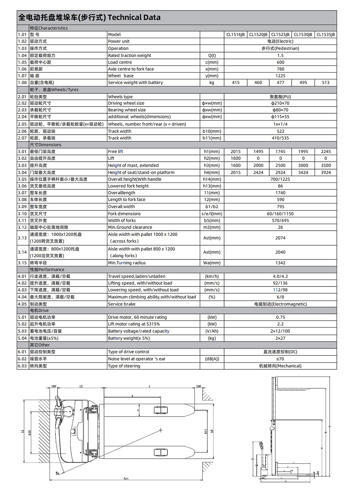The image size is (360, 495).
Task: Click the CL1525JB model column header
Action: click(x=280, y=35)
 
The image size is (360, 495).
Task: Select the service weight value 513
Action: click(x=325, y=83)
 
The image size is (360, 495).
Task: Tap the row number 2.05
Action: click(x=22, y=124)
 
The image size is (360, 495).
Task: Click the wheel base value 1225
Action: click(x=280, y=76)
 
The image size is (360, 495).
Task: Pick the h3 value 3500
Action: click(x=325, y=165)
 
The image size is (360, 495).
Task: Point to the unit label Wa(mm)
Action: click(x=212, y=263)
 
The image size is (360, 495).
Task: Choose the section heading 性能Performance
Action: click(x=47, y=270)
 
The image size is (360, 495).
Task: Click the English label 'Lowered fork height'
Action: click(x=128, y=186)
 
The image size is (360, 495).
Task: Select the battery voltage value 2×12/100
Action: click(x=280, y=331)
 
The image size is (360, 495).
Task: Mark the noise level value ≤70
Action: click(x=280, y=359)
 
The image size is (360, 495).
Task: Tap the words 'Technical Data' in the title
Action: click(x=134, y=17)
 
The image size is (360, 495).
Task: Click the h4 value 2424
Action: click(x=258, y=173)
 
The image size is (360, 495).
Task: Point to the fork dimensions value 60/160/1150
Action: click(x=280, y=214)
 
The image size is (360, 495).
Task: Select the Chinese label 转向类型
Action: click(x=38, y=366)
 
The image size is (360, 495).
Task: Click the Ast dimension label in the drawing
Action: click(x=126, y=478)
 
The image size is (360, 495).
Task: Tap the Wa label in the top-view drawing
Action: click(x=58, y=473)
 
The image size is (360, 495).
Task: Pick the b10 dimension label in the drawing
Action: click(x=30, y=433)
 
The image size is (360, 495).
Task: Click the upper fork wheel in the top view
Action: click(x=160, y=410)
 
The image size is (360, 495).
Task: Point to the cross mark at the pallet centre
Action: click(x=161, y=430)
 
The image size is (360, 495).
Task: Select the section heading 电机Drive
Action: click(x=39, y=310)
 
